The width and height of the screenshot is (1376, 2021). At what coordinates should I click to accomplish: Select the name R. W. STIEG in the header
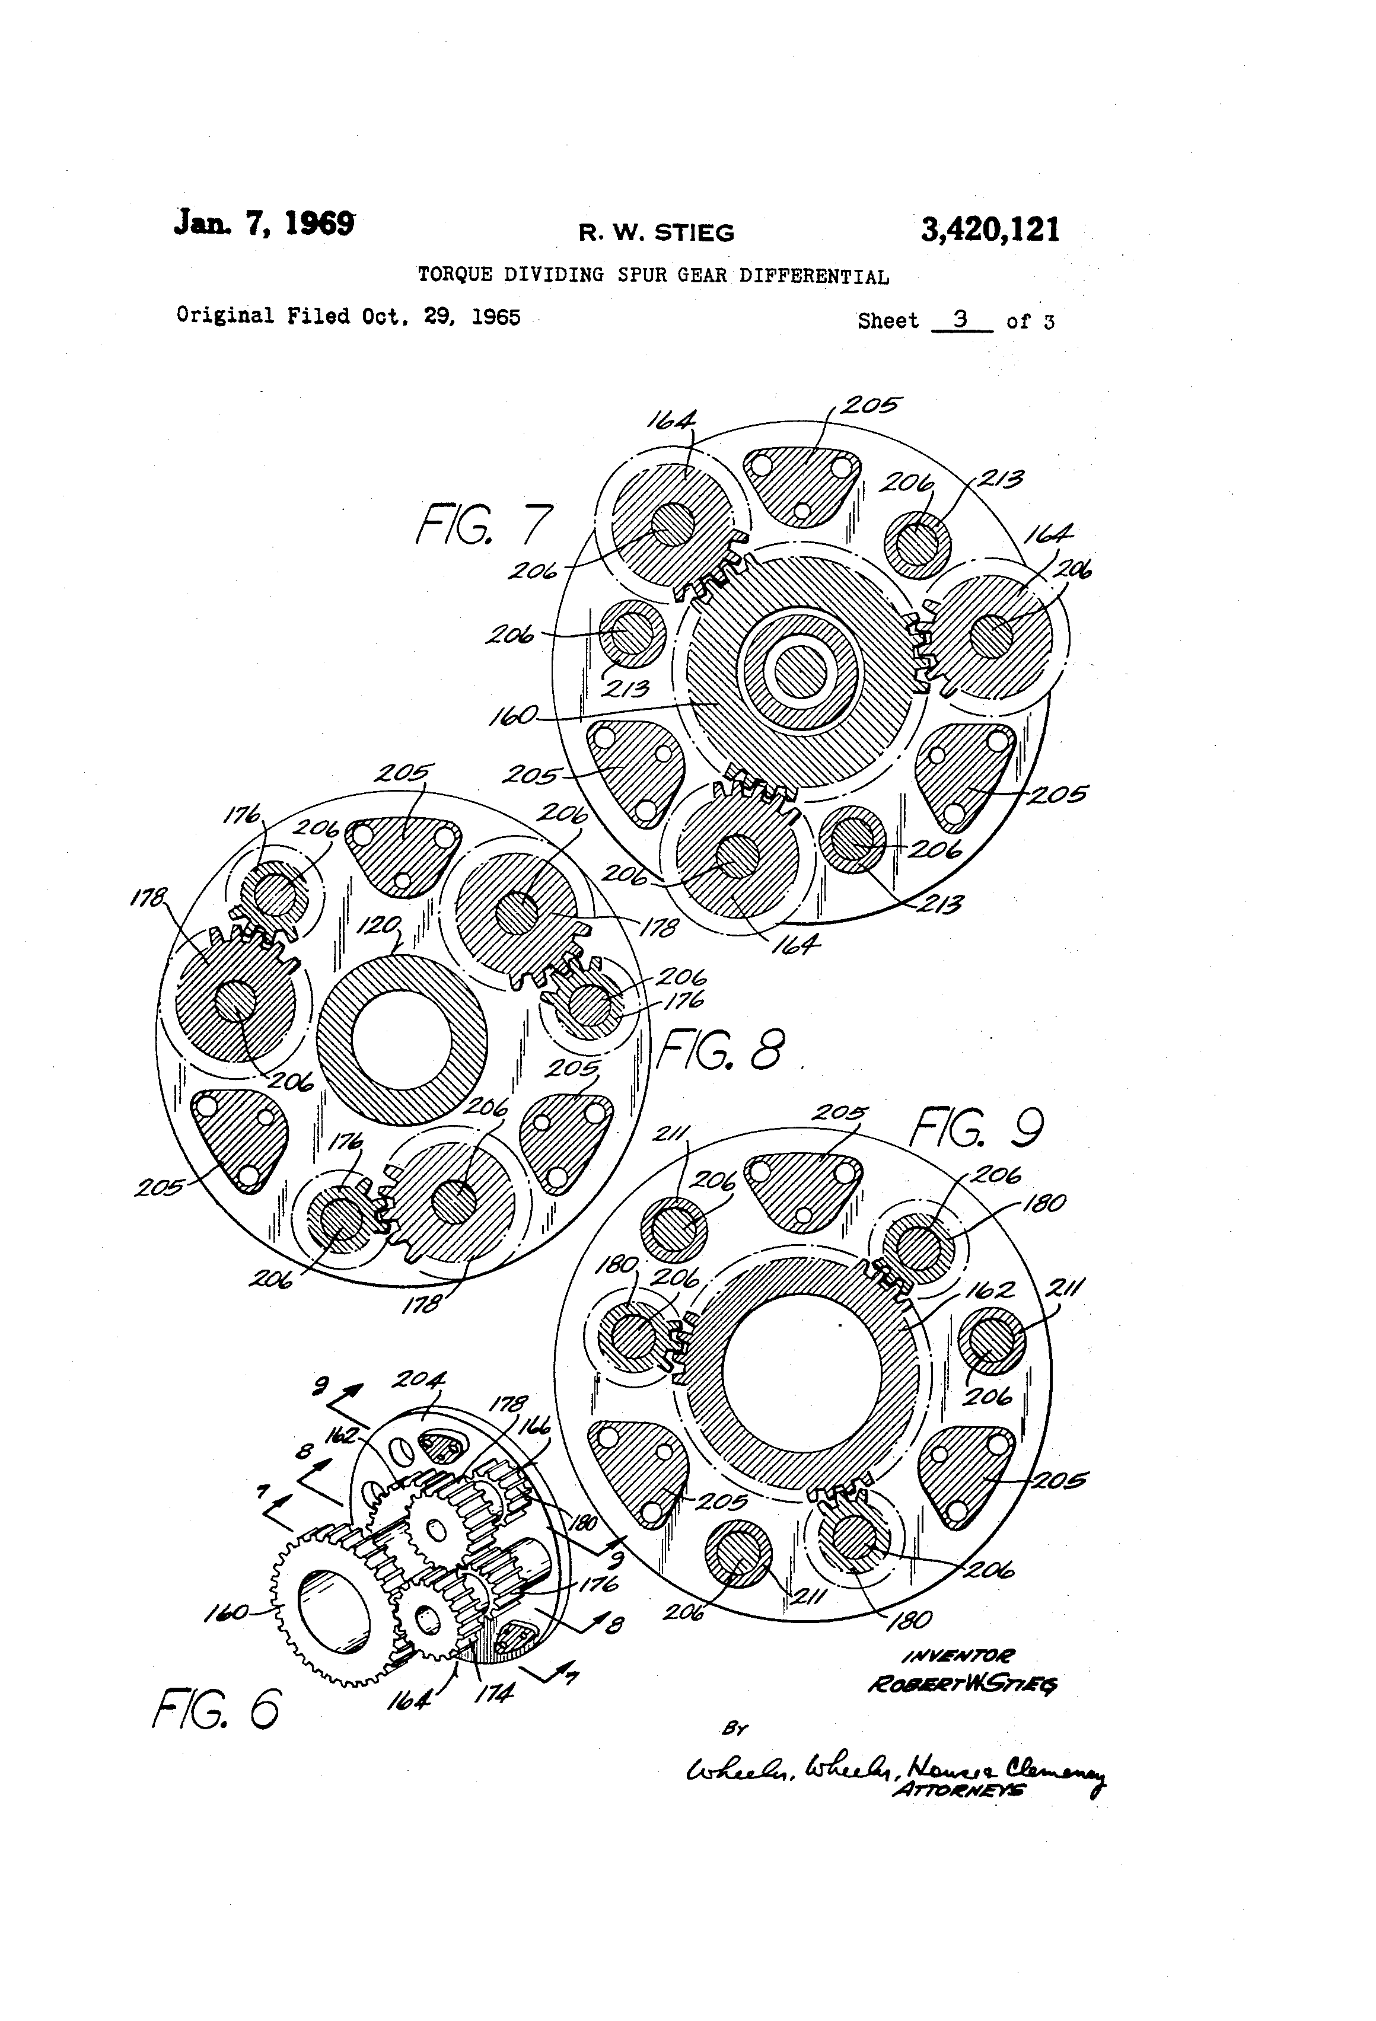click(657, 233)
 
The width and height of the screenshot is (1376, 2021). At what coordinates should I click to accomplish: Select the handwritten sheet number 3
click(960, 318)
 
